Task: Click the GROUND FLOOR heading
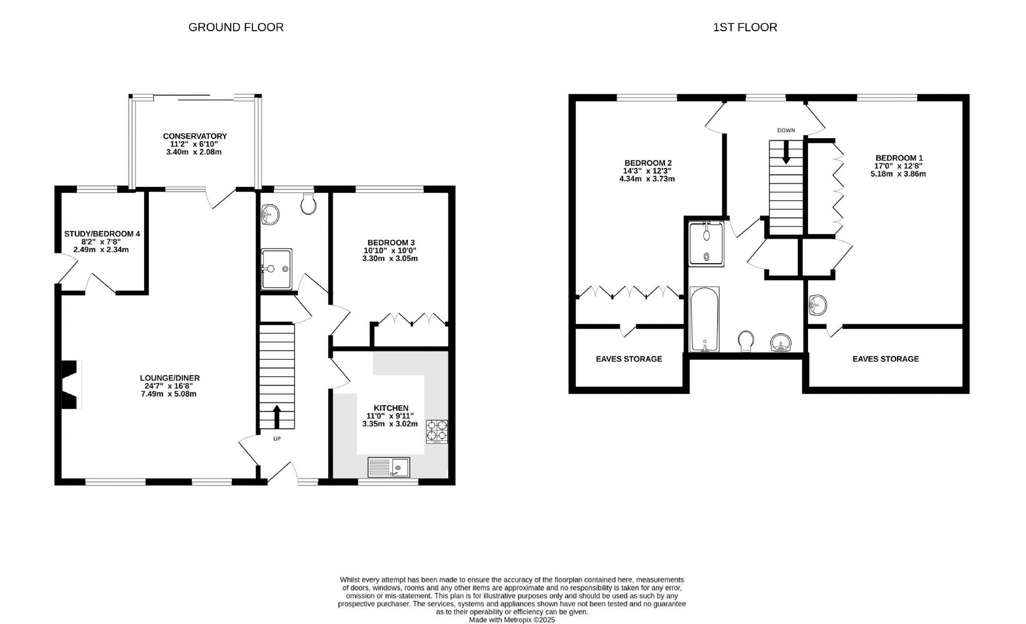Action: tap(236, 27)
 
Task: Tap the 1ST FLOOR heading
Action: tap(745, 27)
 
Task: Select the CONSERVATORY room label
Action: tap(195, 136)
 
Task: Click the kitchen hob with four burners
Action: tap(437, 430)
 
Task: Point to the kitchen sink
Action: tap(389, 467)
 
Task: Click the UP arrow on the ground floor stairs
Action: tap(277, 417)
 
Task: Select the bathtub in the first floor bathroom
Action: tap(704, 319)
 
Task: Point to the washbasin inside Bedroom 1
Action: tap(817, 305)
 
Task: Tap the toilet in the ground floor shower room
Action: tap(308, 204)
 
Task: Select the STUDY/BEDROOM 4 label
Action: tap(102, 234)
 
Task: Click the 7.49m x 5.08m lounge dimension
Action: tap(169, 394)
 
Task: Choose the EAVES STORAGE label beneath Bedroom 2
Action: tap(629, 359)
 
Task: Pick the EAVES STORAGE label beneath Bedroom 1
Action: tap(885, 359)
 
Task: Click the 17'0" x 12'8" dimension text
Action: tap(898, 166)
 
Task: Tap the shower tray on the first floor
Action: tap(707, 244)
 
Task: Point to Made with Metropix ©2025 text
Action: tap(511, 619)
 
